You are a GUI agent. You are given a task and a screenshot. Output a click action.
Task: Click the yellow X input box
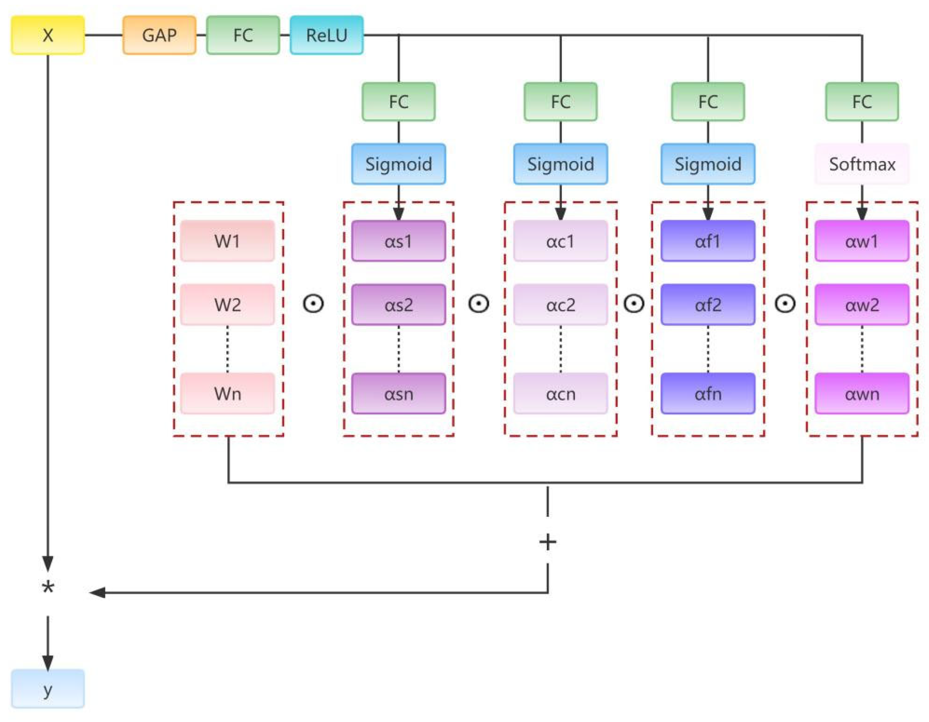coord(47,35)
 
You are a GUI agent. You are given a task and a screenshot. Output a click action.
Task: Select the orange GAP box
coord(160,35)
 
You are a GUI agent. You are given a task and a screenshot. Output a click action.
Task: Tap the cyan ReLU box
coord(327,35)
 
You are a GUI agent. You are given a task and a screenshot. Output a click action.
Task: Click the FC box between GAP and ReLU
coord(243,35)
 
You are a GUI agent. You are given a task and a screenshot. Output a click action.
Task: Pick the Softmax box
coord(862,164)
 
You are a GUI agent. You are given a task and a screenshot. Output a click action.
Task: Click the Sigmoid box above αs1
coord(399,164)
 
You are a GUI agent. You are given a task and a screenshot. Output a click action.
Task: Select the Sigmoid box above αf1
coord(708,164)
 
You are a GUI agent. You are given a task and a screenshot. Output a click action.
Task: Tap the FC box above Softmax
coord(862,102)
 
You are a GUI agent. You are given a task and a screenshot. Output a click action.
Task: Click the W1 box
coord(227,241)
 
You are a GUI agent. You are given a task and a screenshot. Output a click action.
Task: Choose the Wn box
coord(227,394)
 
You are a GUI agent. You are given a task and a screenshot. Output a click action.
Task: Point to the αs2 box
coord(399,305)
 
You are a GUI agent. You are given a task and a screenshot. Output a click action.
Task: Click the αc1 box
coord(560,241)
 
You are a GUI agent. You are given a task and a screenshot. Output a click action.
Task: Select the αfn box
coord(708,394)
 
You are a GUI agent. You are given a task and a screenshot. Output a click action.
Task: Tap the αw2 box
coord(862,305)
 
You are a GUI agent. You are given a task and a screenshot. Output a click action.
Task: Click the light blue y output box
coord(47,689)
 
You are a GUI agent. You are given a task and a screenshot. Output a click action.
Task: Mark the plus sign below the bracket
coord(547,542)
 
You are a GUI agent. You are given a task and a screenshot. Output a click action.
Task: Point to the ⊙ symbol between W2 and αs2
coord(314,303)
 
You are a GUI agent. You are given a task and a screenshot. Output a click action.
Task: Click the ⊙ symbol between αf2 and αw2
coord(785,303)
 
